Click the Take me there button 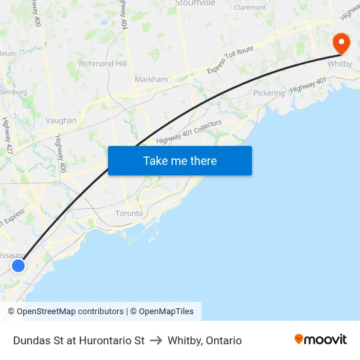[180, 160]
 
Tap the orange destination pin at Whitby [341, 43]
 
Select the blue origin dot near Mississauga [18, 265]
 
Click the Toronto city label [129, 213]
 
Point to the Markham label [151, 79]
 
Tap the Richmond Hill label [103, 64]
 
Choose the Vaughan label [61, 120]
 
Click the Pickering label [269, 93]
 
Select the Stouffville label [195, 3]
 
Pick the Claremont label [250, 8]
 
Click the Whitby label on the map [340, 64]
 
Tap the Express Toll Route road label [230, 60]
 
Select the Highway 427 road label [9, 135]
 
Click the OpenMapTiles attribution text [166, 312]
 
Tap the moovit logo [321, 340]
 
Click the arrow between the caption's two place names [156, 340]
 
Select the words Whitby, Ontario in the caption [205, 340]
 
